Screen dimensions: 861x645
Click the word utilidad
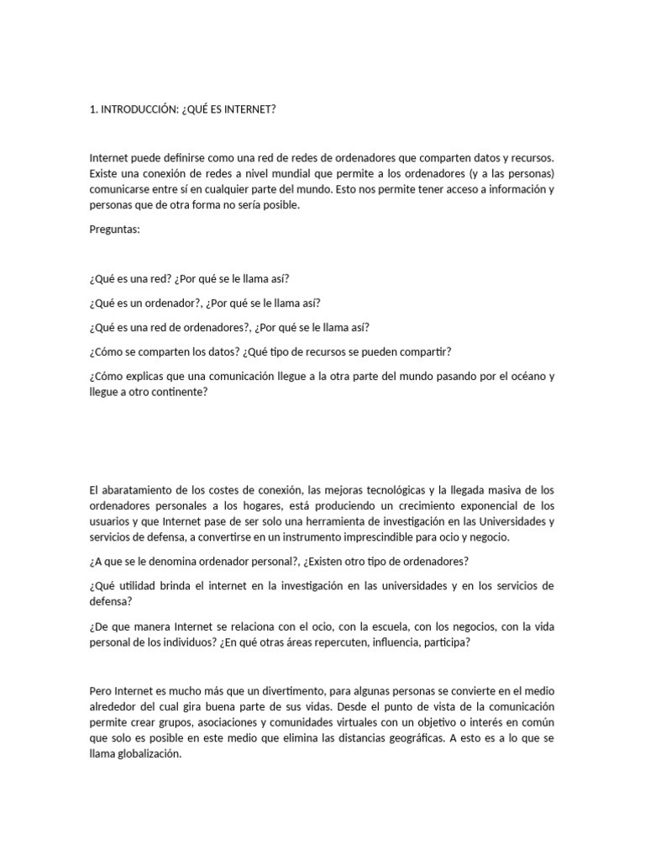[140, 585]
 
